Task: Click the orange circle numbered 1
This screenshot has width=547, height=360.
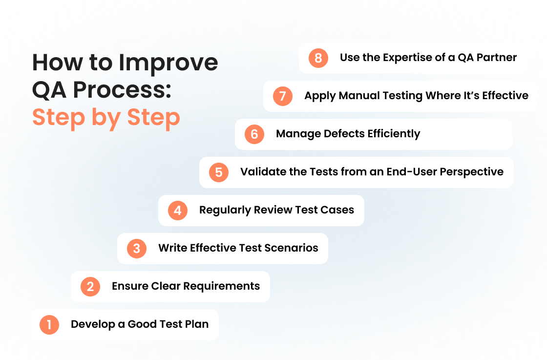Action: pos(49,324)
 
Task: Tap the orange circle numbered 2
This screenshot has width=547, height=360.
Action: pos(90,286)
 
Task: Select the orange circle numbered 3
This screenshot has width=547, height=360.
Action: pos(137,248)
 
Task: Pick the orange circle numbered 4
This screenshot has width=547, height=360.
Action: pos(178,211)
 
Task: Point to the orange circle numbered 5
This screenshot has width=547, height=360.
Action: pos(219,172)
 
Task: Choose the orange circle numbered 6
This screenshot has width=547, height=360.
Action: pos(254,134)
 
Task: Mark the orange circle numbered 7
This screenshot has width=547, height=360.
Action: pos(283,96)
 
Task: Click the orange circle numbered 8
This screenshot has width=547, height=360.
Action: pos(318,58)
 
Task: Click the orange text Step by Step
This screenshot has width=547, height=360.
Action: pos(106,117)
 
